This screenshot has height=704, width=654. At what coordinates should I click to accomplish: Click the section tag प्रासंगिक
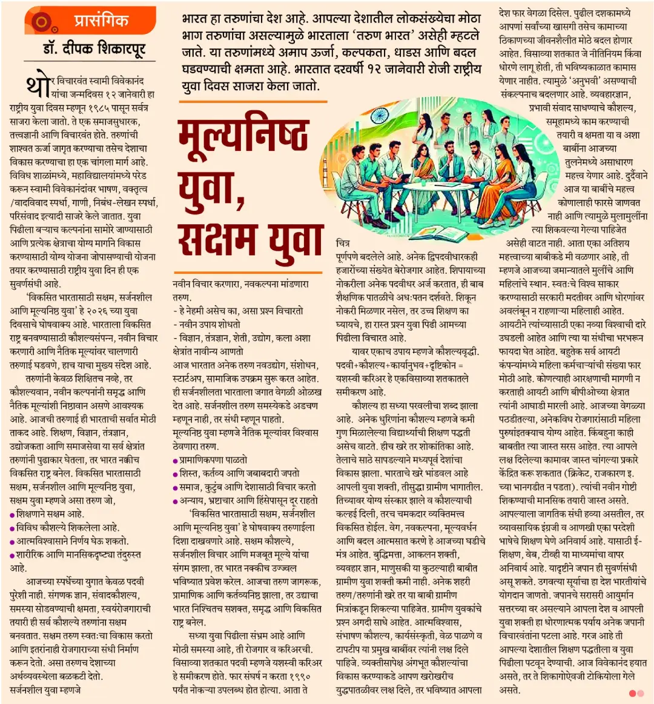coord(101,20)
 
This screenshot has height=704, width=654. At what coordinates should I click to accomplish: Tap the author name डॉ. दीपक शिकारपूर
coord(94,48)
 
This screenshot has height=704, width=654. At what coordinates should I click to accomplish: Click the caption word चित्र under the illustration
coord(343,243)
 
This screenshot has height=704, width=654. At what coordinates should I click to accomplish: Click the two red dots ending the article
coord(636,692)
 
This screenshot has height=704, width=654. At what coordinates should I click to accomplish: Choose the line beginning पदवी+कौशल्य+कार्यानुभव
coord(400,365)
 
